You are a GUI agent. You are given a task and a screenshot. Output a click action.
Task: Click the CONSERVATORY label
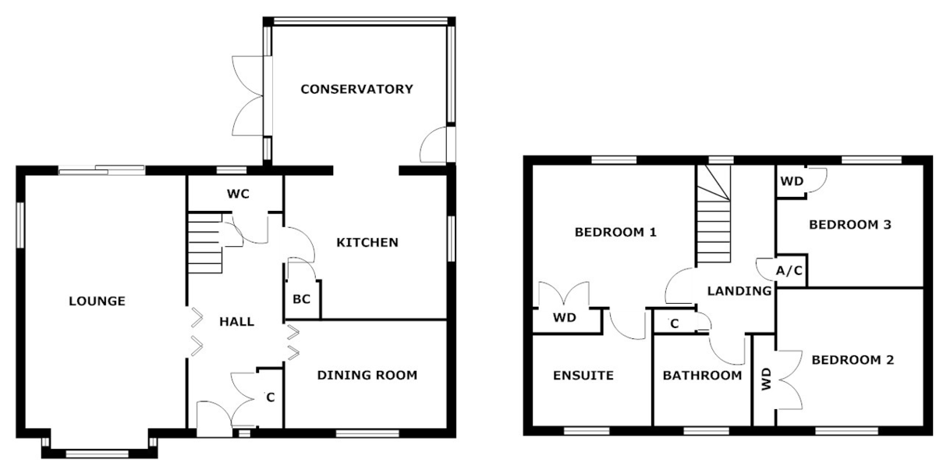[x=357, y=89]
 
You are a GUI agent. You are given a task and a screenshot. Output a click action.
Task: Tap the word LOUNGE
[x=97, y=301]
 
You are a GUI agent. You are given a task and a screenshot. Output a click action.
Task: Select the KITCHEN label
[x=367, y=243]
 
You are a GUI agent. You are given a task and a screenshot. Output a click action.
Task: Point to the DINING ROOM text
[x=367, y=376]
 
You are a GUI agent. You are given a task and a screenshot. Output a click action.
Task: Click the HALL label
[x=237, y=322]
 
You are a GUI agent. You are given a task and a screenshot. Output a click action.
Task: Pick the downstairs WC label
[x=238, y=194]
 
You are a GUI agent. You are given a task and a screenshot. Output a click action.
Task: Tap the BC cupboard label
[x=301, y=299]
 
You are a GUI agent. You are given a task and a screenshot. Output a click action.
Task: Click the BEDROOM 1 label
[x=615, y=232]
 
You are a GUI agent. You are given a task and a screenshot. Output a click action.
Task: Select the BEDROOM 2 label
[x=853, y=360]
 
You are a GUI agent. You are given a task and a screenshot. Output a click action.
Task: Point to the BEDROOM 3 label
[x=850, y=225]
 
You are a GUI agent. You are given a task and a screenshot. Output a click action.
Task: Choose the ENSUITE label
[x=583, y=376]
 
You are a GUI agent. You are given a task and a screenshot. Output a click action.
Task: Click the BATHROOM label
[x=703, y=376]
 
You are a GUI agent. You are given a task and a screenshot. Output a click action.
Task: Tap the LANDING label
[x=739, y=290]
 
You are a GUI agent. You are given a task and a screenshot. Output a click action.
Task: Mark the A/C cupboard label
[x=789, y=271]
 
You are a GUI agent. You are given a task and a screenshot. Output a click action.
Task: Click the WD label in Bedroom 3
[x=792, y=182]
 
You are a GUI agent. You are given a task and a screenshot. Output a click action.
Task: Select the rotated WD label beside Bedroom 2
[x=766, y=379]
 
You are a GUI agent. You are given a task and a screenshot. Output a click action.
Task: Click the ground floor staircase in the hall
[x=204, y=243]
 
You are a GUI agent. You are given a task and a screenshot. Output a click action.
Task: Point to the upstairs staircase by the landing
[x=713, y=214]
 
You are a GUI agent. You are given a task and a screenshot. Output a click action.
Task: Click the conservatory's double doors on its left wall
[x=247, y=95]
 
